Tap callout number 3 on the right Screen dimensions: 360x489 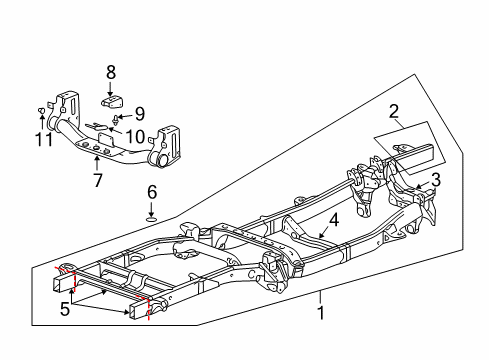coord(434,179)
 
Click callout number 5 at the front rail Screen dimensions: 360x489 coord(65,310)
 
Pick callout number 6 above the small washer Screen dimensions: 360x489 coord(151,191)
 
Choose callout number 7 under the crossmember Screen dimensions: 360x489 coord(96,180)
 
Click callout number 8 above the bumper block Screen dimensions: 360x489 coord(111,72)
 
